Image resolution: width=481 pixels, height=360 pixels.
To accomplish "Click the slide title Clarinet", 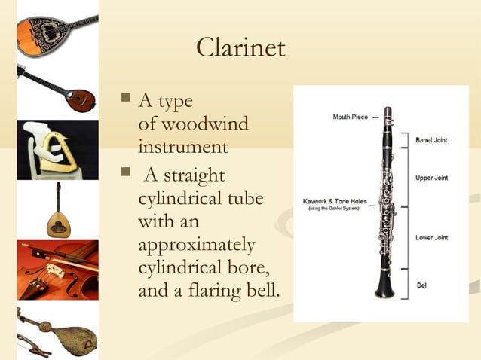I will (x=240, y=48).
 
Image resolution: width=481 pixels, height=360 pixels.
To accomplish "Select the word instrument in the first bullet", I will (x=182, y=145).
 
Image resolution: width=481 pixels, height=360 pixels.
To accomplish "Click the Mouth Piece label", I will (x=350, y=117).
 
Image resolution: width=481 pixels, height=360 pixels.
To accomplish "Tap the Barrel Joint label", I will (x=433, y=139).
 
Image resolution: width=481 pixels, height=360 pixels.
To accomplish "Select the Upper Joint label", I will (x=431, y=178).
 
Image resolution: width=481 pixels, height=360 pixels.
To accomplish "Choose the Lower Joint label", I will (x=431, y=238).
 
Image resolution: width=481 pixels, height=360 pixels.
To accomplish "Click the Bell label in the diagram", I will (x=422, y=285).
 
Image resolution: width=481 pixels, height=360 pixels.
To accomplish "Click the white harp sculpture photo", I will (x=57, y=149).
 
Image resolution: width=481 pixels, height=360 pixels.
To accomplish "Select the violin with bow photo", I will (x=57, y=270).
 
